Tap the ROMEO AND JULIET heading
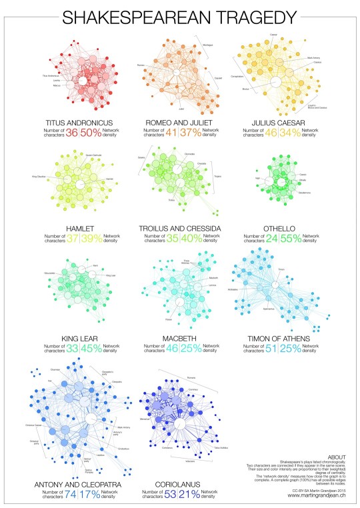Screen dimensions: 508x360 179,122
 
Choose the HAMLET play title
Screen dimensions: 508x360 75,229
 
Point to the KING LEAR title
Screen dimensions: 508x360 75,338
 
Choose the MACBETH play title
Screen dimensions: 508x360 179,338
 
